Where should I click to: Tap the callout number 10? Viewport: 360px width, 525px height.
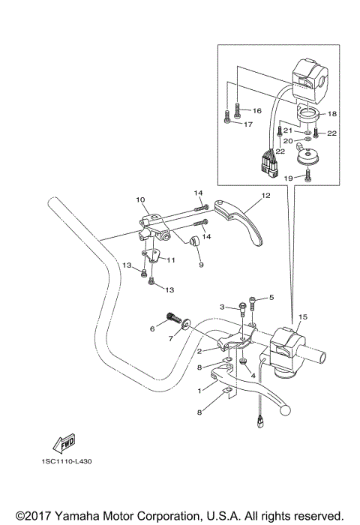point(139,200)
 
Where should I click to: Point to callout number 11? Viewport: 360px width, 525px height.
point(171,260)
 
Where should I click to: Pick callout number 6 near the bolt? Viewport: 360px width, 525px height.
point(152,328)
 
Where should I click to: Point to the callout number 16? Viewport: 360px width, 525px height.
point(256,110)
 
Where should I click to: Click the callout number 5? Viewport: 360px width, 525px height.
point(271,298)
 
